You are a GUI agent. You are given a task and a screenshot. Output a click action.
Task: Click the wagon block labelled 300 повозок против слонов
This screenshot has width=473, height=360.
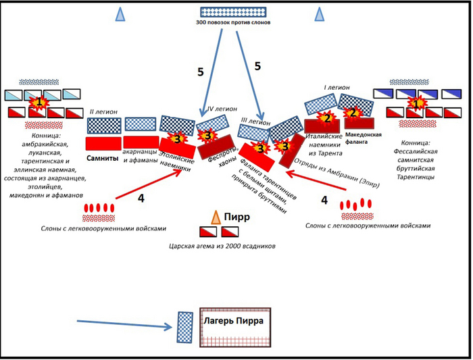click(233, 11)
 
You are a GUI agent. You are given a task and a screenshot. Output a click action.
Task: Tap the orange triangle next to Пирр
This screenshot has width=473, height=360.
click(216, 217)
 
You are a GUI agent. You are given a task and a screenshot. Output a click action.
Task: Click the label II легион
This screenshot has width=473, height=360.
click(102, 111)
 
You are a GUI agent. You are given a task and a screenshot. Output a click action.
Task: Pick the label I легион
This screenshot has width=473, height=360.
click(335, 88)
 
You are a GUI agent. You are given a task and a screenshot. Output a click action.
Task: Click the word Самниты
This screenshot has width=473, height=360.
click(103, 157)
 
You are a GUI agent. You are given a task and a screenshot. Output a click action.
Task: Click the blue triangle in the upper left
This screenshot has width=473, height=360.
click(120, 14)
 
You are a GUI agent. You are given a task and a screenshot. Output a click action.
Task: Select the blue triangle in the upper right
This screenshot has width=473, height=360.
click(322, 14)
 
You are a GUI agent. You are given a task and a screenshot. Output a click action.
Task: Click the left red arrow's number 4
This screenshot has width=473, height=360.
click(141, 198)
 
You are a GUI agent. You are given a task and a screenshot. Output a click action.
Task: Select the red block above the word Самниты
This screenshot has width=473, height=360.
click(103, 143)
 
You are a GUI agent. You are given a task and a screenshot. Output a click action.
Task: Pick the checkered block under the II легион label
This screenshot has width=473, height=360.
click(104, 126)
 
